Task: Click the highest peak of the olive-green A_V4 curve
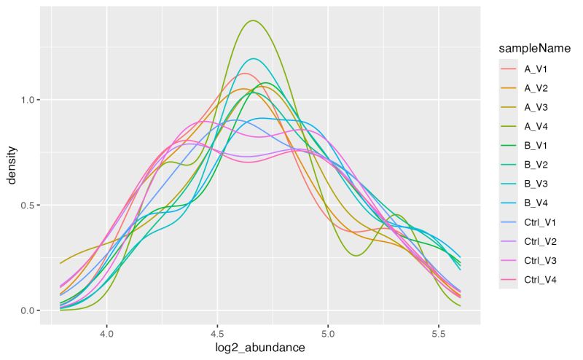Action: tap(253, 20)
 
